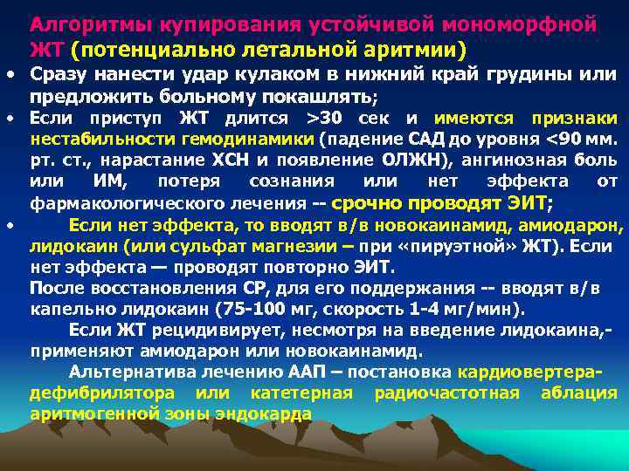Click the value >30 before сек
(329, 118)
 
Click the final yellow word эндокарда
(266, 413)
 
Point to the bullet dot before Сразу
(10, 76)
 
